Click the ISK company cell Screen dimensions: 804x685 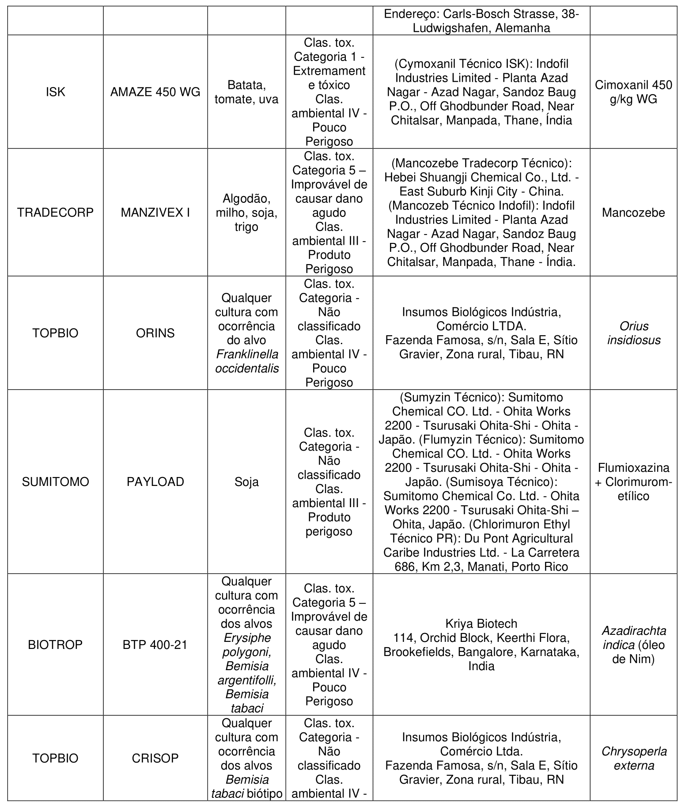click(x=56, y=92)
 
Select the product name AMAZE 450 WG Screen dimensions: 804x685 click(x=155, y=92)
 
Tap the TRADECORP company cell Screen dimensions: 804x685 click(x=56, y=212)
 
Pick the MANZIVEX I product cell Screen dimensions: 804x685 click(x=155, y=212)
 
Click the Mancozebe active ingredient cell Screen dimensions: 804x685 click(x=633, y=212)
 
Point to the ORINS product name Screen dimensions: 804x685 click(x=155, y=333)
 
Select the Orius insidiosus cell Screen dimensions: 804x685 click(x=633, y=333)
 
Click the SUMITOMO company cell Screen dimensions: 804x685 click(x=56, y=482)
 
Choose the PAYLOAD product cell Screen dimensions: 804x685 click(x=155, y=482)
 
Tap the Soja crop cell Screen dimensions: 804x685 click(x=246, y=482)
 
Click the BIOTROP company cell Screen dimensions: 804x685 click(x=56, y=645)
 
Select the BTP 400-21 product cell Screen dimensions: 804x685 click(x=155, y=645)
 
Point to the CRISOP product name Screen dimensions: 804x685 click(x=155, y=758)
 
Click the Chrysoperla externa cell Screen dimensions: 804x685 click(x=633, y=758)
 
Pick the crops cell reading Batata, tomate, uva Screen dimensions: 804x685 click(x=246, y=92)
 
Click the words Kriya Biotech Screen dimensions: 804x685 click(x=481, y=623)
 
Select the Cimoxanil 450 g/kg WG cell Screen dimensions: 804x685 click(x=633, y=92)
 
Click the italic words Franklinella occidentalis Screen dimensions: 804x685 click(x=247, y=361)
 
